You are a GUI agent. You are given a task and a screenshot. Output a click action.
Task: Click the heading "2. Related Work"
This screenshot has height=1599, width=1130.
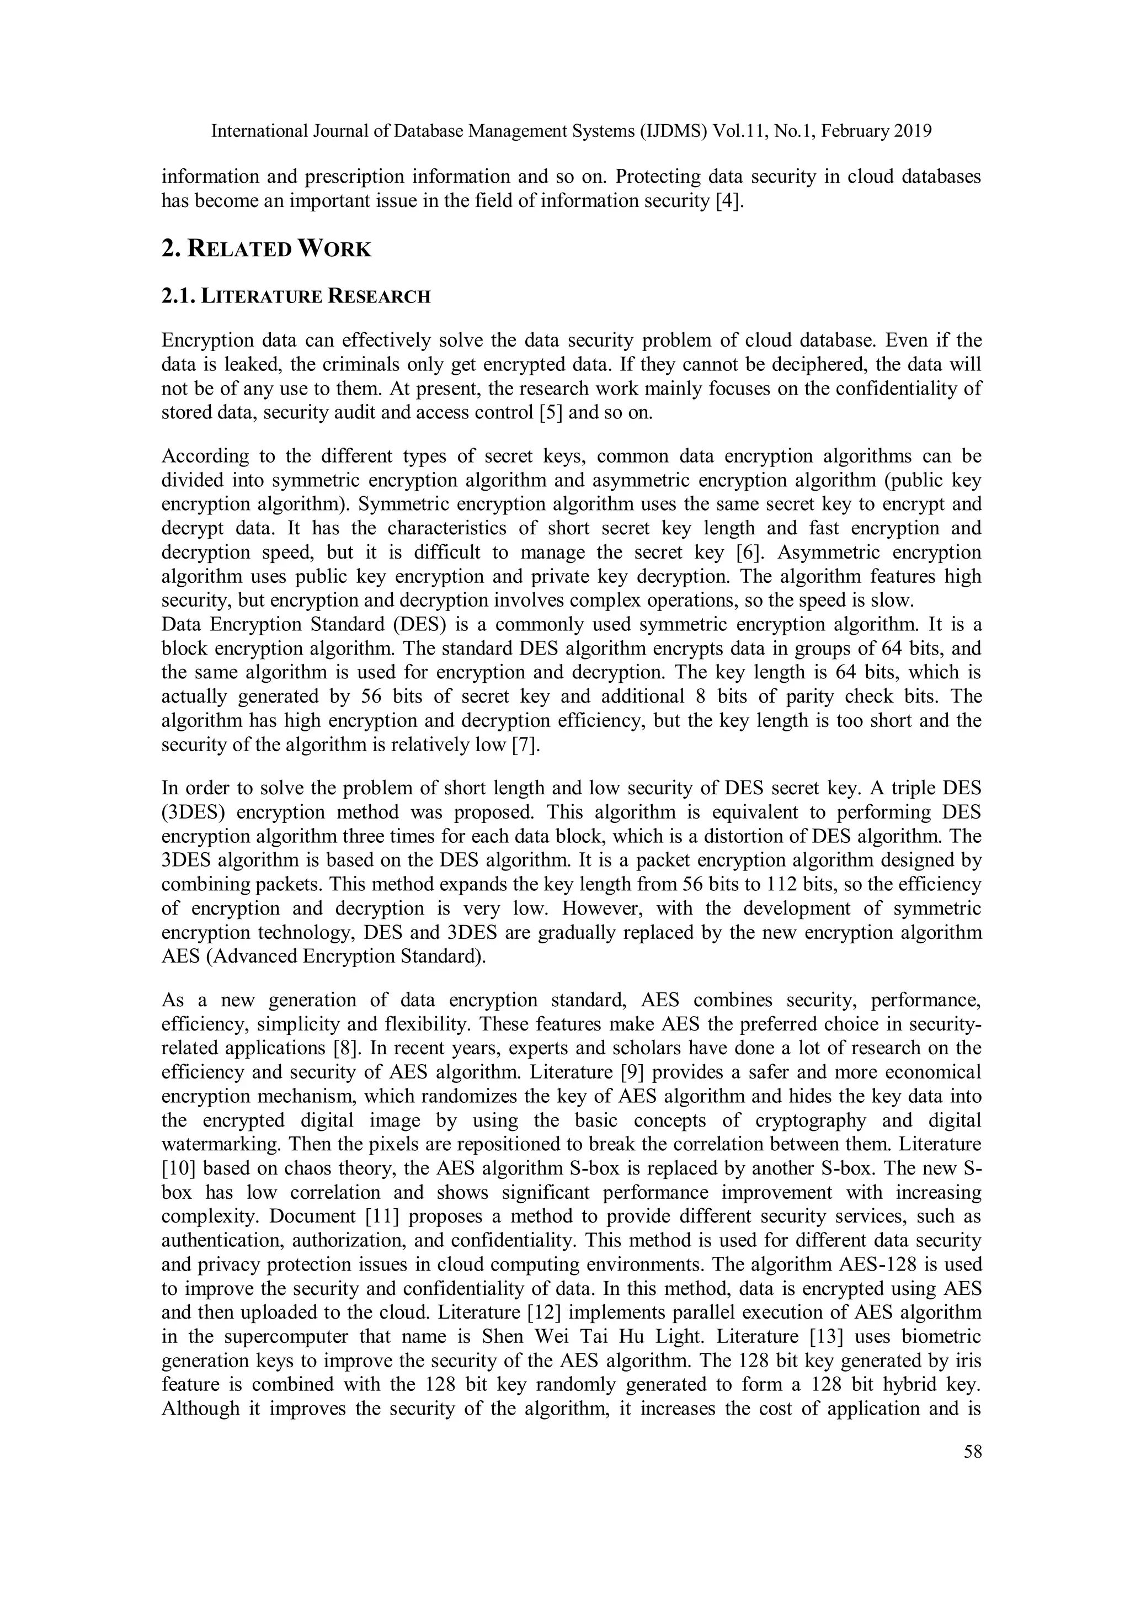266,248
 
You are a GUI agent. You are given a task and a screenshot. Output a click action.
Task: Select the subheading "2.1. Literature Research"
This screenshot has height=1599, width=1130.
296,297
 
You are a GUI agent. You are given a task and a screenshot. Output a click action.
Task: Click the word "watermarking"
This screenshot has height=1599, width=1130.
221,1144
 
